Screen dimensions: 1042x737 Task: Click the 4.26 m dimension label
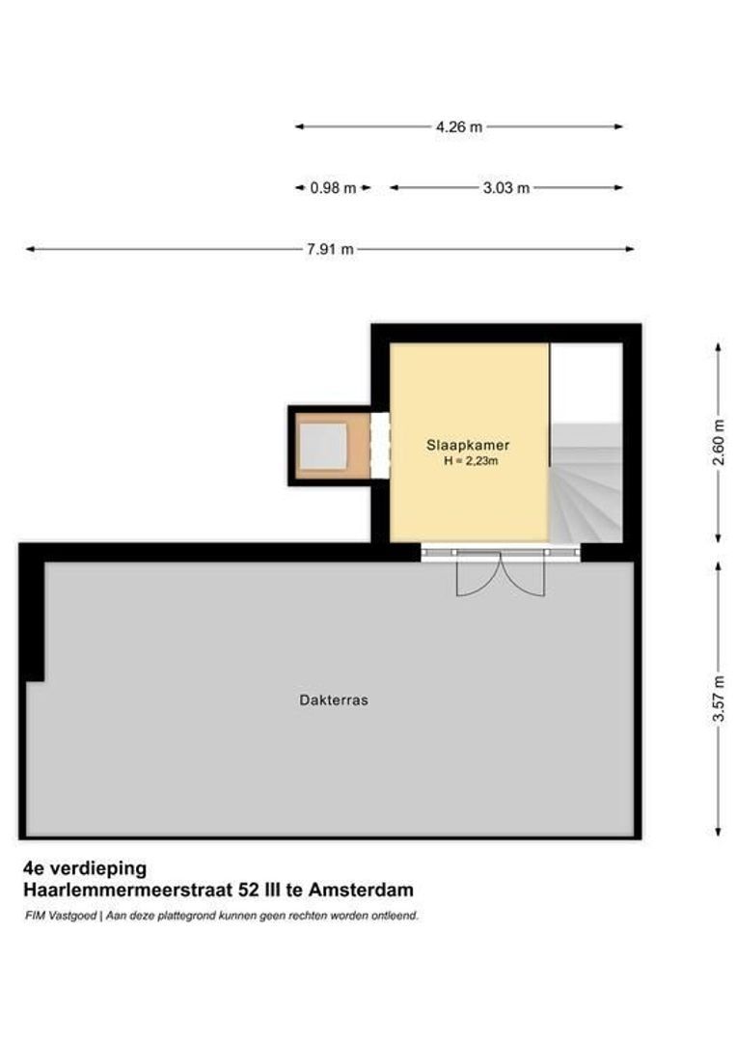[458, 126]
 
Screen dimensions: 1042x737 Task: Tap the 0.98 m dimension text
[333, 188]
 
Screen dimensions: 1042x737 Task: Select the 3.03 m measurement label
[505, 188]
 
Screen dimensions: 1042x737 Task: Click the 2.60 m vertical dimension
[717, 442]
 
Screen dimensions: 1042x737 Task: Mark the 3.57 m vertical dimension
[717, 700]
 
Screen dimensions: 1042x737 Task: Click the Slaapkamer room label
[468, 446]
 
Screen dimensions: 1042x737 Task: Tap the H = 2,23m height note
[470, 461]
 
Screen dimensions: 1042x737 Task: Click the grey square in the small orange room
[322, 446]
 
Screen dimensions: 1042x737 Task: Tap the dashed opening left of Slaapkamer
[380, 446]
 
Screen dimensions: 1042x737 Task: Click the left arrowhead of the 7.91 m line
[30, 249]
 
